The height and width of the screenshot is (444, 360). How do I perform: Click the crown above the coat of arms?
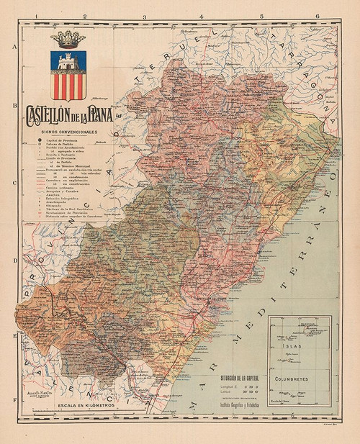point(68,41)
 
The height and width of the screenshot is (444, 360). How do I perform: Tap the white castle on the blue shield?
point(68,63)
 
